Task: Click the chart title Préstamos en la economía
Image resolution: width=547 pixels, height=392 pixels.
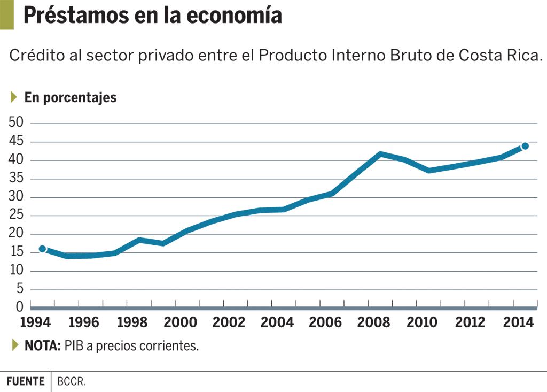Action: pos(152,16)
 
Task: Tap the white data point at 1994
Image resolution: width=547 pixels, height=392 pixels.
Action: pos(43,249)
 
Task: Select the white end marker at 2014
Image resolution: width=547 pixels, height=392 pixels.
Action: pos(525,146)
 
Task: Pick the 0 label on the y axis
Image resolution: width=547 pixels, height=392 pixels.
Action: pos(20,307)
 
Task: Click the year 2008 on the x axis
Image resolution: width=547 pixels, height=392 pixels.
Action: pos(373,322)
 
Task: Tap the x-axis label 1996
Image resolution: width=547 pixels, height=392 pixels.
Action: pos(83,322)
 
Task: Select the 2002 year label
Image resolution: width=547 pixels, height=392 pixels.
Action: pos(228,322)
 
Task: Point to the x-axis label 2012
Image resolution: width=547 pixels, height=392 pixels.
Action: pos(470,322)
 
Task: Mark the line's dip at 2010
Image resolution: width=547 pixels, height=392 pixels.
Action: pos(429,170)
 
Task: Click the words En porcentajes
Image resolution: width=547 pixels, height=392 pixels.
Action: pos(71,97)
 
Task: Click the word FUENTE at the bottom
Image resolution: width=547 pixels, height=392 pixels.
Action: pos(26,382)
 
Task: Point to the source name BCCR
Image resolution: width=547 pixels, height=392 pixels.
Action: pos(72,382)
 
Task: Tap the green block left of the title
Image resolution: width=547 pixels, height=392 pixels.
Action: pos(6,14)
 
